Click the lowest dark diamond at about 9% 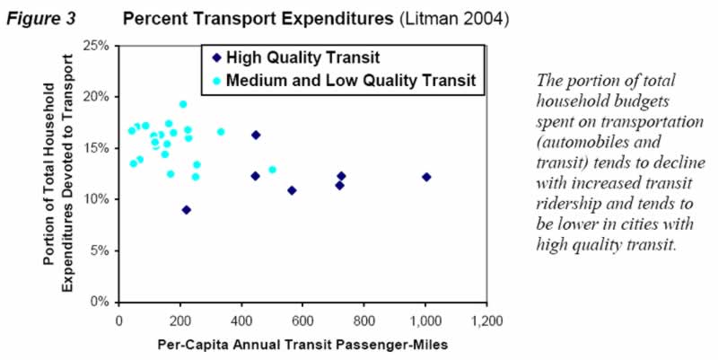187,209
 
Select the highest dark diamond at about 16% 256,135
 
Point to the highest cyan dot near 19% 183,104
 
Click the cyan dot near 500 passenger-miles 272,170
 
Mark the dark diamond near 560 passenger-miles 292,190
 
